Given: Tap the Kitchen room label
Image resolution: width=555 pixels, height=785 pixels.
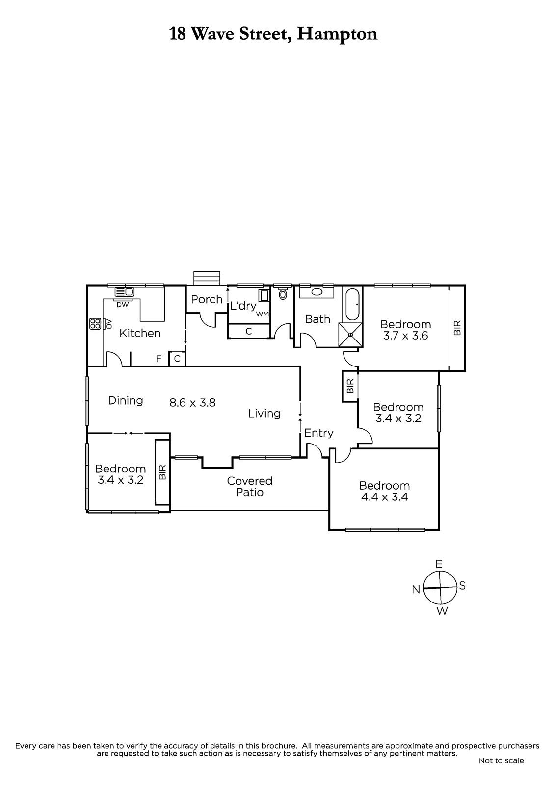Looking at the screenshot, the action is tap(140, 333).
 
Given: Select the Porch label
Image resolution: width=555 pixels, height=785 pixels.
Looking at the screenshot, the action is tap(207, 299).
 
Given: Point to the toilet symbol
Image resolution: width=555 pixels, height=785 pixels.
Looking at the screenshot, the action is tap(283, 294).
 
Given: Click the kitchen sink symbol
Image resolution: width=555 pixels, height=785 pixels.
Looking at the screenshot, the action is tap(124, 291).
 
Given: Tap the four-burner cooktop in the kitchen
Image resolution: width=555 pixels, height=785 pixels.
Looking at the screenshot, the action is tap(95, 323).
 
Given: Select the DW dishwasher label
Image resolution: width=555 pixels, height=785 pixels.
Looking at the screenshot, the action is tap(122, 305).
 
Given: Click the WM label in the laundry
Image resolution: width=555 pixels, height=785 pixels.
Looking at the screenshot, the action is tap(262, 314).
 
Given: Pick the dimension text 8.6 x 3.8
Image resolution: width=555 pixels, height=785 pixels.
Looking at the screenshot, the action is tap(192, 403).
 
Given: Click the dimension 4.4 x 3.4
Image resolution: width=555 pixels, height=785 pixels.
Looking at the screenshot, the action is tap(384, 497).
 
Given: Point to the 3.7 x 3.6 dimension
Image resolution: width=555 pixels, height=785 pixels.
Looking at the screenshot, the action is tap(405, 336).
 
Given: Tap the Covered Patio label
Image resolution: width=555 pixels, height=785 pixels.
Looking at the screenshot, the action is tap(250, 486).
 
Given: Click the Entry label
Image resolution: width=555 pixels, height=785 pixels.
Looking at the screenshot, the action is tap(318, 433).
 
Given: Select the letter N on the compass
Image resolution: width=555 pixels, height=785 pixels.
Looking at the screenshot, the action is tap(416, 590).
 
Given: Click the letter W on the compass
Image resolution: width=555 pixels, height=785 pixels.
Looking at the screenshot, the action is tap(442, 611).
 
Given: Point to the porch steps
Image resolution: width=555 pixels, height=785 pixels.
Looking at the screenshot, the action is tap(207, 278).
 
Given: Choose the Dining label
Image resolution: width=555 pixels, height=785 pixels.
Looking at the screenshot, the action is tap(126, 401).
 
